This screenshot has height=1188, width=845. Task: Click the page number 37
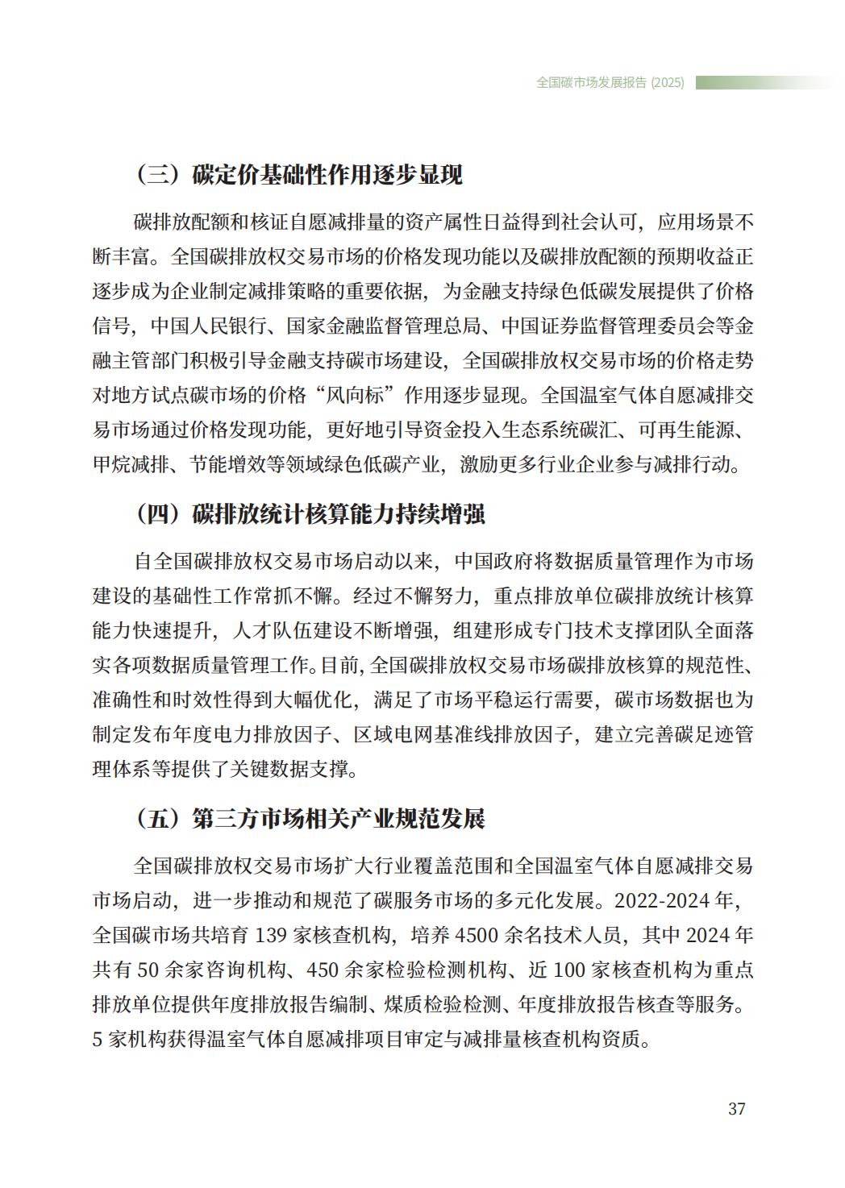point(736,1108)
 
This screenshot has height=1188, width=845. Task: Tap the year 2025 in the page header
point(668,82)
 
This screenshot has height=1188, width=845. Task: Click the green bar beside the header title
point(766,82)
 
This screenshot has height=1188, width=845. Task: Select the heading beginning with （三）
point(299,175)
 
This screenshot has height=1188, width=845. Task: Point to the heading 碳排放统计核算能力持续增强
point(339,513)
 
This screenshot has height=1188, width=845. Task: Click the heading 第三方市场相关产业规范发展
point(339,819)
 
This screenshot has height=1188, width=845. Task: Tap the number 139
point(272,935)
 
